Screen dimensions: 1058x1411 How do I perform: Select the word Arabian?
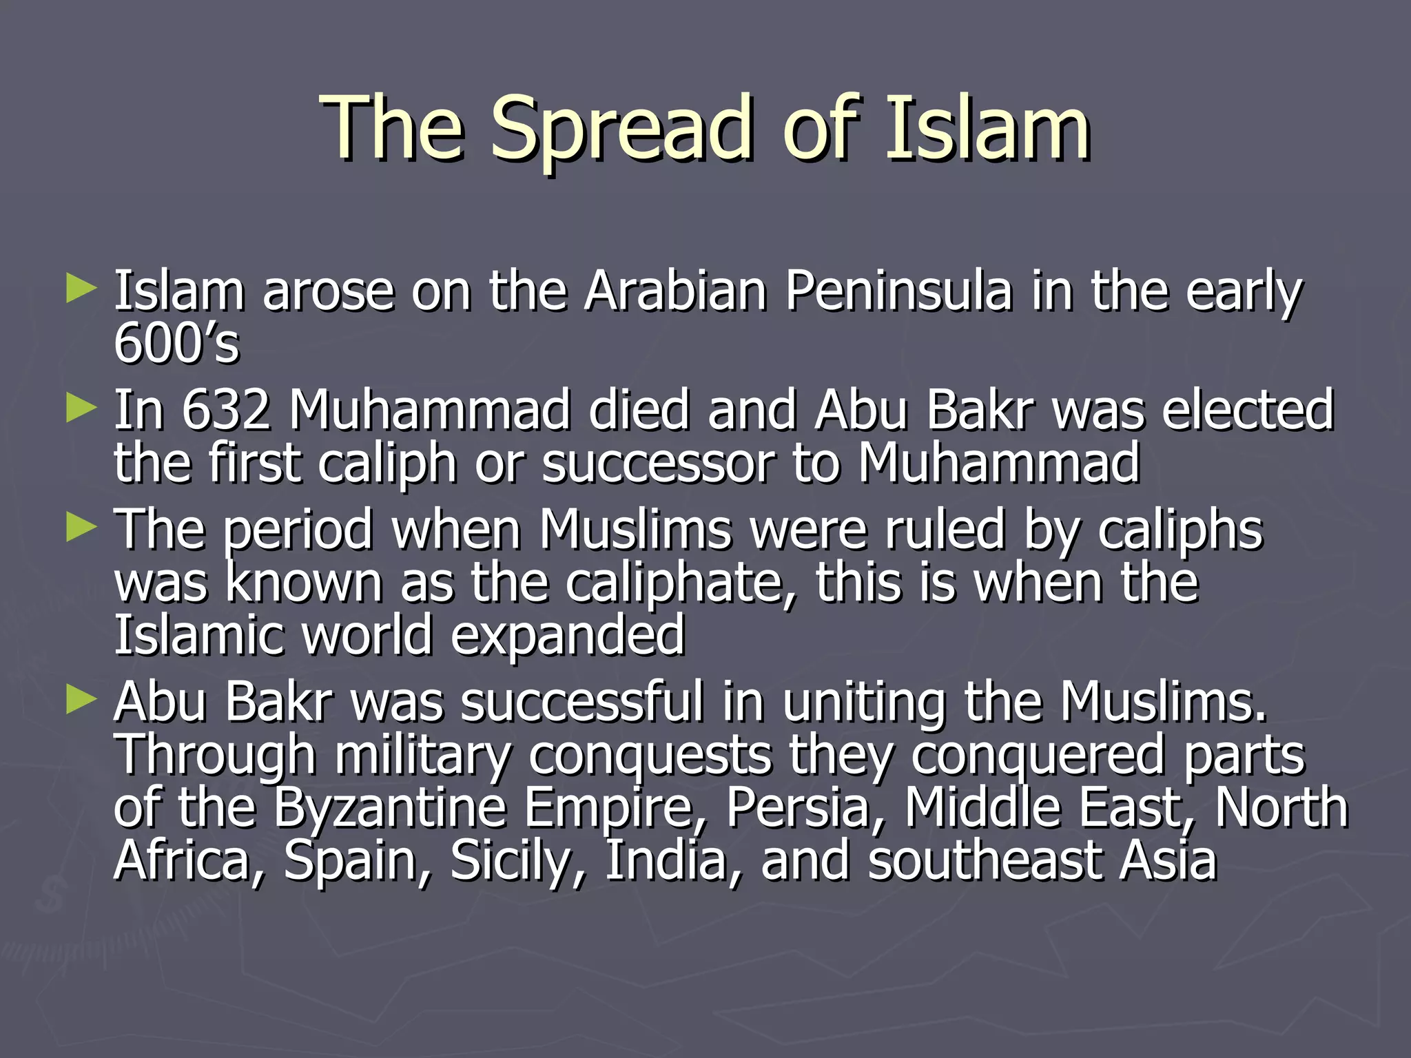tap(675, 291)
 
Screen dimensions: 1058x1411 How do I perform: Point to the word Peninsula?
tap(898, 291)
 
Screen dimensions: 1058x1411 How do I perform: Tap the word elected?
tap(1247, 410)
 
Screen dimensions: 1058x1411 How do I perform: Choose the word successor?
tap(658, 463)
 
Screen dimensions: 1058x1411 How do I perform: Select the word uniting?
tap(864, 703)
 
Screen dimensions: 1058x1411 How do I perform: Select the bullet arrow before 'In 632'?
tap(81, 409)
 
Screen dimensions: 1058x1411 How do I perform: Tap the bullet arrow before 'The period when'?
tap(81, 529)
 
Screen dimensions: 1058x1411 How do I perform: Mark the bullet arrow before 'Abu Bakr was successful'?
tap(81, 701)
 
